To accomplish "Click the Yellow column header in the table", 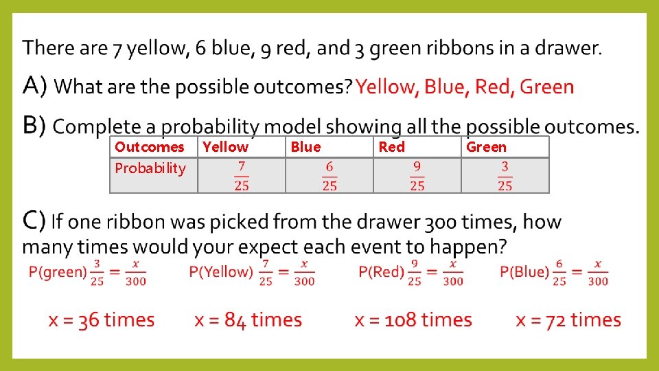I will tap(226, 147).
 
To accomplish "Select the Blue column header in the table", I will tap(305, 147).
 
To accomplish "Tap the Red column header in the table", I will tap(391, 147).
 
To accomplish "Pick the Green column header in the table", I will tap(486, 147).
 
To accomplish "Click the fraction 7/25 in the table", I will tap(241, 176).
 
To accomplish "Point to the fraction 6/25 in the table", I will tap(329, 176).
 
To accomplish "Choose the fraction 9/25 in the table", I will tap(417, 176).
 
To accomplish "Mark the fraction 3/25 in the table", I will tap(505, 176).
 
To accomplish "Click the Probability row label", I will tap(150, 168).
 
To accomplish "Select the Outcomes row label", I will tap(150, 147).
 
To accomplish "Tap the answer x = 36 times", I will tap(102, 320).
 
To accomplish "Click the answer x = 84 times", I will tap(248, 320).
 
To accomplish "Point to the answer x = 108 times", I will tap(413, 320).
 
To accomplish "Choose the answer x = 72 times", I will tap(568, 320).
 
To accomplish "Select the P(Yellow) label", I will tap(221, 272).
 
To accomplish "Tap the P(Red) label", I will tap(380, 272).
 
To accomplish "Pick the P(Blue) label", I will tap(524, 272).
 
